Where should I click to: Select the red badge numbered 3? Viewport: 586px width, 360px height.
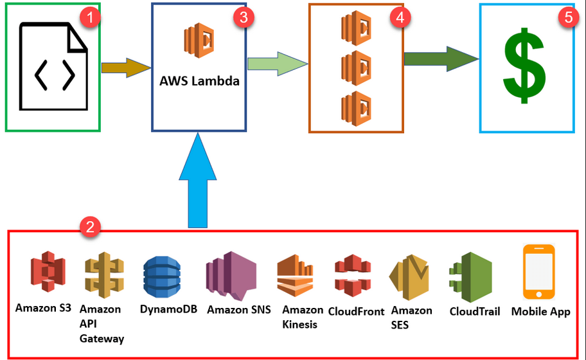click(242, 17)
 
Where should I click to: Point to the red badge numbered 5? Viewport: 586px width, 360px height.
click(567, 17)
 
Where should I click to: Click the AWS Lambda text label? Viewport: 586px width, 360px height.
click(199, 82)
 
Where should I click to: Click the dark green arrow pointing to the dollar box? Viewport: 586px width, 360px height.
click(441, 59)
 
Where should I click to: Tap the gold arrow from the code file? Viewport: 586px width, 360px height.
click(125, 67)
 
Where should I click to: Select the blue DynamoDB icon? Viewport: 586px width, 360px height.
click(162, 276)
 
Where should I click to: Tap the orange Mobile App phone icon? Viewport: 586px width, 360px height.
click(538, 271)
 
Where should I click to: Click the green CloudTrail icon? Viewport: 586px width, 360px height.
click(470, 276)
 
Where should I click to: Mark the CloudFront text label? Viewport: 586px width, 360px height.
click(356, 311)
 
